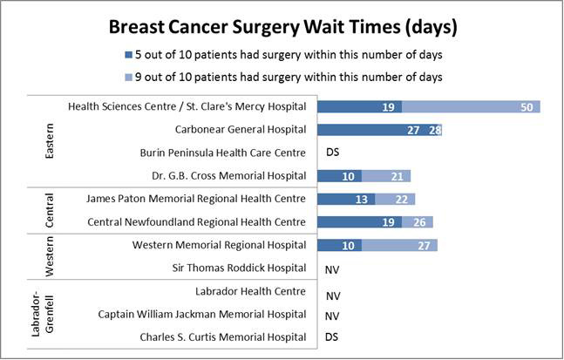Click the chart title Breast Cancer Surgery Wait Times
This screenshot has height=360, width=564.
pyautogui.click(x=282, y=27)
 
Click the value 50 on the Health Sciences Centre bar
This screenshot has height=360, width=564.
pyautogui.click(x=526, y=106)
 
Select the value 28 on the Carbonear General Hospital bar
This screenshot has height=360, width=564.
pyautogui.click(x=435, y=130)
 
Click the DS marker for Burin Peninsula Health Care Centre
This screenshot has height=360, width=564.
pyautogui.click(x=332, y=153)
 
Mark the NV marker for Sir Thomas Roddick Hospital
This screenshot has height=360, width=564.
pyautogui.click(x=332, y=268)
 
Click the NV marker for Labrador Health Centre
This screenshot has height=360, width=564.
pyautogui.click(x=332, y=295)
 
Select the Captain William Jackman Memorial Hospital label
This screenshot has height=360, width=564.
pyautogui.click(x=202, y=314)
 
